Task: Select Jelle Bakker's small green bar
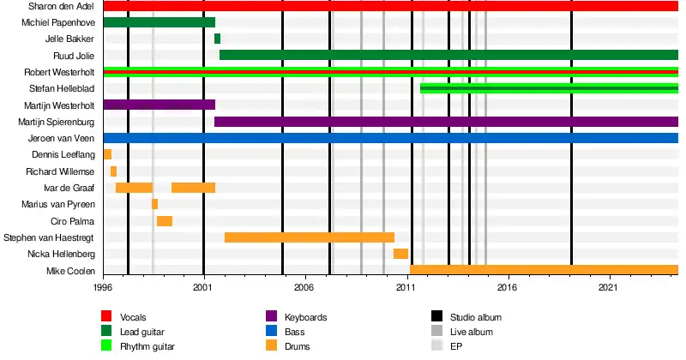coord(217,39)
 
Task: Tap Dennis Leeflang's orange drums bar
coord(107,154)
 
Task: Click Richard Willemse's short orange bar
coord(113,171)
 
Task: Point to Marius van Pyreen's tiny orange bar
coord(154,204)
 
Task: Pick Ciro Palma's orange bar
coord(165,221)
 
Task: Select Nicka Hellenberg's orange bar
coord(400,254)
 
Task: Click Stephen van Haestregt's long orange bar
coord(310,237)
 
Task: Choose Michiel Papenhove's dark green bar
coord(159,22)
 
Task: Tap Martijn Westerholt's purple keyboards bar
coord(159,105)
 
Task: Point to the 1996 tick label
coord(103,290)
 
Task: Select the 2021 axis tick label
coord(610,290)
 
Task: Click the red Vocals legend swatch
coord(106,317)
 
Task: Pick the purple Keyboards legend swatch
coord(272,317)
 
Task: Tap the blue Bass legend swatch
coord(272,332)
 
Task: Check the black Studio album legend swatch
coord(436,317)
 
